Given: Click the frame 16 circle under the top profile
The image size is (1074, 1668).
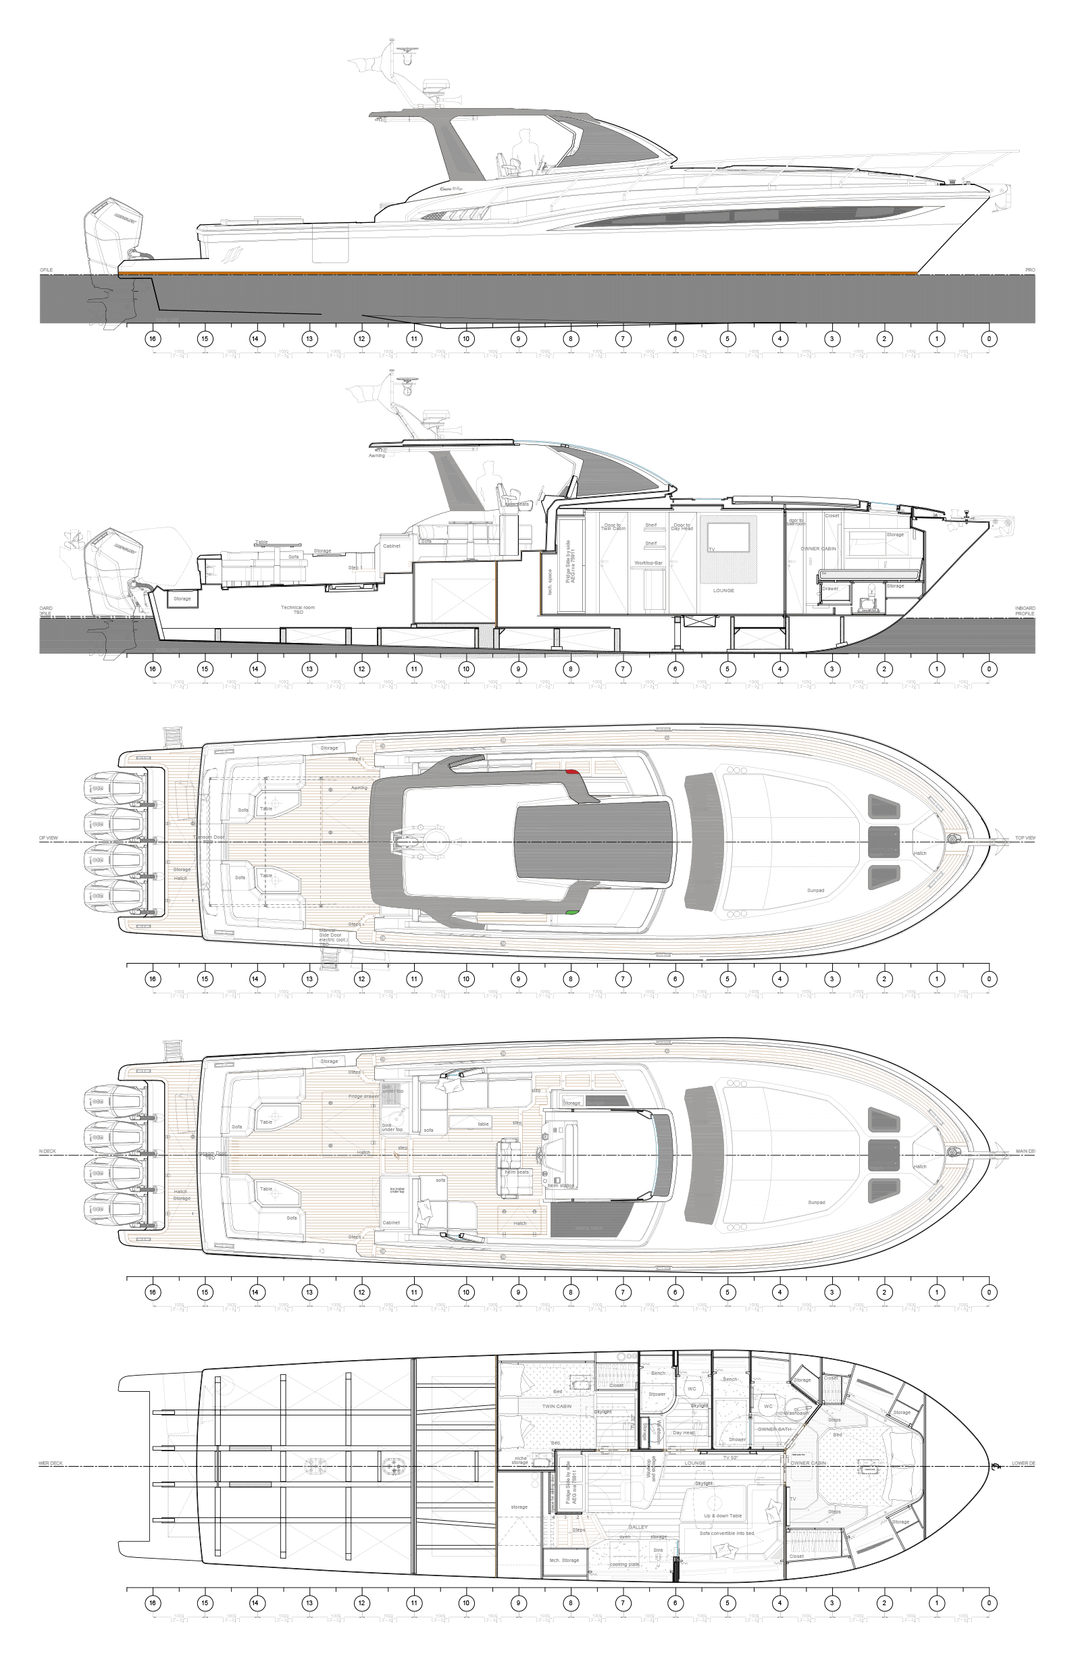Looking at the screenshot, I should click(x=152, y=340).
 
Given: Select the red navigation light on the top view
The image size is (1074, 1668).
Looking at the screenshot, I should click(x=572, y=772).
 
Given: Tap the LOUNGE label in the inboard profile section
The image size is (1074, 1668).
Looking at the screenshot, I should click(x=723, y=590).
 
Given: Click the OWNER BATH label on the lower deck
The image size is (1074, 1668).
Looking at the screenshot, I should click(x=772, y=1429).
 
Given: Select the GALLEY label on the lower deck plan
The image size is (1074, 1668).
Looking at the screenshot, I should click(x=638, y=1526).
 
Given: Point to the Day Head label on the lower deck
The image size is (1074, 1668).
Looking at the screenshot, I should click(x=683, y=1432).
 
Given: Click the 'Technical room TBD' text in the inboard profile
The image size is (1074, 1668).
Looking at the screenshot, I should click(x=298, y=609).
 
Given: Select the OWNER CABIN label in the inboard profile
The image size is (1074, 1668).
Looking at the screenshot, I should click(x=818, y=549).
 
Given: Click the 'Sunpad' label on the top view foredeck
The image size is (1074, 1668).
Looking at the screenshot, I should click(x=815, y=890).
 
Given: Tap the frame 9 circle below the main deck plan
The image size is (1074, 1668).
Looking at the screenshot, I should click(x=518, y=1292).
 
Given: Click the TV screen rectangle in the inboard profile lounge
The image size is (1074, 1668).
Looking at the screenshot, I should click(x=728, y=538).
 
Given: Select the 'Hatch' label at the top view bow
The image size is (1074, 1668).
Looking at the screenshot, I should click(x=921, y=853).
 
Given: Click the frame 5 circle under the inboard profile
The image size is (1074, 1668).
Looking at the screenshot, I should click(x=727, y=669).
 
